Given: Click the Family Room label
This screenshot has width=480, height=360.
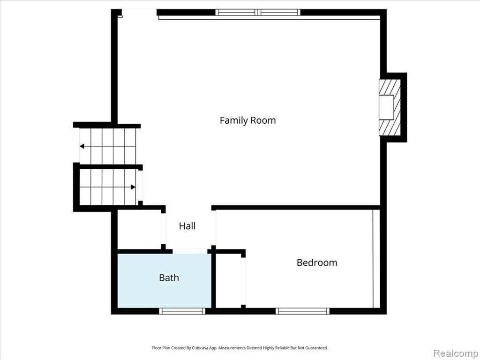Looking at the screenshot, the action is pyautogui.click(x=247, y=120).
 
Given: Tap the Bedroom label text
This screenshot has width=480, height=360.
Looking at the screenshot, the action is pyautogui.click(x=317, y=262).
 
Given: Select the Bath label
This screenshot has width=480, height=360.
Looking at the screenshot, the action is pyautogui.click(x=169, y=277).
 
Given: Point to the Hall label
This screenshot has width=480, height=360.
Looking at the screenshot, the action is pyautogui.click(x=187, y=226).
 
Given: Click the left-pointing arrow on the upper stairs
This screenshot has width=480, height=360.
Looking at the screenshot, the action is pyautogui.click(x=107, y=146).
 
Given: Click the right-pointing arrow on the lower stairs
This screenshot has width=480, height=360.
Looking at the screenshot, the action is pyautogui.click(x=108, y=187).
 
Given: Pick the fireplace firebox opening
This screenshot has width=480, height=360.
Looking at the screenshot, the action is pyautogui.click(x=386, y=107).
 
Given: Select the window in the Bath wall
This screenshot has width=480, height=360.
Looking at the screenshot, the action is pyautogui.click(x=182, y=311).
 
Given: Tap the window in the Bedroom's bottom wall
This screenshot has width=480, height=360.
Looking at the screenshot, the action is pyautogui.click(x=302, y=311).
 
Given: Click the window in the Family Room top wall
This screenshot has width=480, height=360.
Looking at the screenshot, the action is pyautogui.click(x=258, y=12).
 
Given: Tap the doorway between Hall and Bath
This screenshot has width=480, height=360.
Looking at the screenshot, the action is pyautogui.click(x=190, y=251).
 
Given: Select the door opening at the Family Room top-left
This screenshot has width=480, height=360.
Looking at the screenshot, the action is pyautogui.click(x=140, y=12).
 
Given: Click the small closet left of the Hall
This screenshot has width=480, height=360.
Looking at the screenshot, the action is pyautogui.click(x=140, y=230).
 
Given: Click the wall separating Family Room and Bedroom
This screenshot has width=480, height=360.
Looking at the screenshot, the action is pyautogui.click(x=296, y=208).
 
